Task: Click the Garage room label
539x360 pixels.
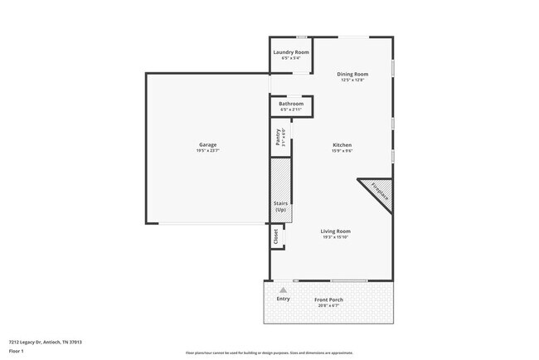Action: (x=206, y=144)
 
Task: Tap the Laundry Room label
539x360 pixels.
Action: (x=291, y=52)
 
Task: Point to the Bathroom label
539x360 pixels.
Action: (x=291, y=104)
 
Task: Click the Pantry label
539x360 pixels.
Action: (x=278, y=136)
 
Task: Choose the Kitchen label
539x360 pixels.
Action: (x=342, y=144)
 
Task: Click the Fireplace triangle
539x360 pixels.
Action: (x=379, y=193)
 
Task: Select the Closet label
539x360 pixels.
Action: (x=276, y=236)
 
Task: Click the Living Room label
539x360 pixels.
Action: (x=337, y=231)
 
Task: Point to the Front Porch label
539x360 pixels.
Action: (x=328, y=299)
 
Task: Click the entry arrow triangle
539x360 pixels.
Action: (x=284, y=289)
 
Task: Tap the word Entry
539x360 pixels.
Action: (x=284, y=299)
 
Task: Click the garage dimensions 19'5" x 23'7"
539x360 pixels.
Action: (x=206, y=150)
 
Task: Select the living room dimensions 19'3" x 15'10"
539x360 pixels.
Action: (x=337, y=237)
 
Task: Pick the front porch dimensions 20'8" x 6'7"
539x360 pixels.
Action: (x=328, y=305)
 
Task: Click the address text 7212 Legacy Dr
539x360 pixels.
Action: (x=46, y=342)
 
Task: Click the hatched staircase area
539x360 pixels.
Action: (x=280, y=178)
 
